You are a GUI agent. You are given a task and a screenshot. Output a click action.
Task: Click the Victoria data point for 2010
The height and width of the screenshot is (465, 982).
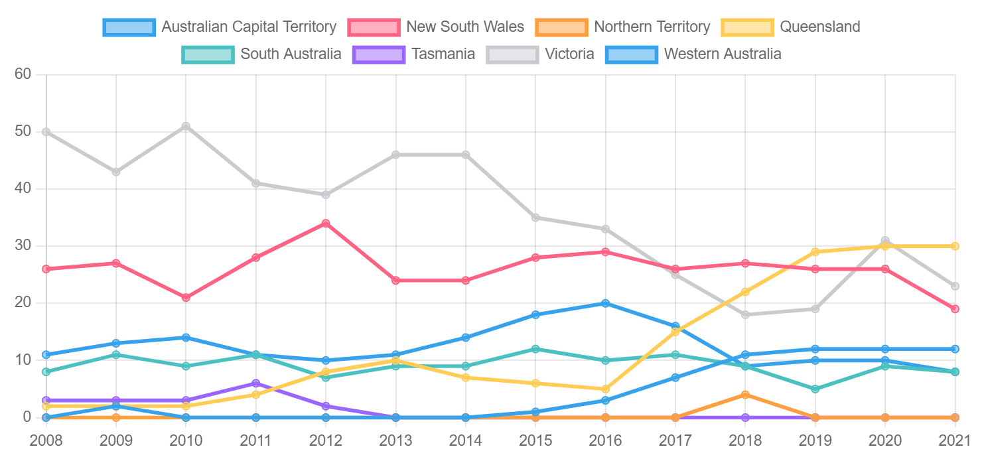pyautogui.click(x=186, y=126)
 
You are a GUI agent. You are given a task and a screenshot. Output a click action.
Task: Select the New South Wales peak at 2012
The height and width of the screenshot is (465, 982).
pyautogui.click(x=326, y=224)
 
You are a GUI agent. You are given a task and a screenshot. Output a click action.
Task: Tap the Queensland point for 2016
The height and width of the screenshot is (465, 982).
pyautogui.click(x=605, y=389)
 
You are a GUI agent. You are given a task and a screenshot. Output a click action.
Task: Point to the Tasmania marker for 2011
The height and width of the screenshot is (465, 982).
pyautogui.click(x=256, y=383)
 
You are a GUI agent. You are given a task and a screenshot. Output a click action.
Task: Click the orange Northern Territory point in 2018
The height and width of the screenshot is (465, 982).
pyautogui.click(x=745, y=395)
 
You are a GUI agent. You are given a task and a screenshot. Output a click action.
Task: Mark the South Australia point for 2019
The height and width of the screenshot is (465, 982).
pyautogui.click(x=815, y=389)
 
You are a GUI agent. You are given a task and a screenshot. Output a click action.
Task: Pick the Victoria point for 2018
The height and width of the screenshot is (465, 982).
pyautogui.click(x=745, y=314)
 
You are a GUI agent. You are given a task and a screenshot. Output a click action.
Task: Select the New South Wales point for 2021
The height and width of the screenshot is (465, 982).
pyautogui.click(x=955, y=308)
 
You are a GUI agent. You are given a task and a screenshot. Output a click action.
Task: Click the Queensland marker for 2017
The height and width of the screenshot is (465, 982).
pyautogui.click(x=675, y=332)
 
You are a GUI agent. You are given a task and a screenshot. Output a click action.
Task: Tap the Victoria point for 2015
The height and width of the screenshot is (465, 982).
pyautogui.click(x=535, y=218)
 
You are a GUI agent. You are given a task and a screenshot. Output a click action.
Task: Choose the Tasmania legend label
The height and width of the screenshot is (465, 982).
pyautogui.click(x=443, y=54)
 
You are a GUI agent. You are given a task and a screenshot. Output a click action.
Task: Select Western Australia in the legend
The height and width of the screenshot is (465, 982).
pyautogui.click(x=722, y=54)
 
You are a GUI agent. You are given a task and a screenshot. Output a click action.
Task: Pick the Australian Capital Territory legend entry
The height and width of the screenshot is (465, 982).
pyautogui.click(x=249, y=27)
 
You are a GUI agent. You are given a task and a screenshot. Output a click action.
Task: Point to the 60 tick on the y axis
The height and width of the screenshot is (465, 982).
pyautogui.click(x=23, y=74)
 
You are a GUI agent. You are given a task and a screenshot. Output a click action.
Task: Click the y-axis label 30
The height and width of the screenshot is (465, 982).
pyautogui.click(x=23, y=246)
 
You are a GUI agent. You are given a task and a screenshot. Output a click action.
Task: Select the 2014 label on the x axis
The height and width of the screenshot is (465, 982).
pyautogui.click(x=466, y=440)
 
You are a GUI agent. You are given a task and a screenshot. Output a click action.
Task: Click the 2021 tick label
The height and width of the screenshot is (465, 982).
pyautogui.click(x=955, y=440)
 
